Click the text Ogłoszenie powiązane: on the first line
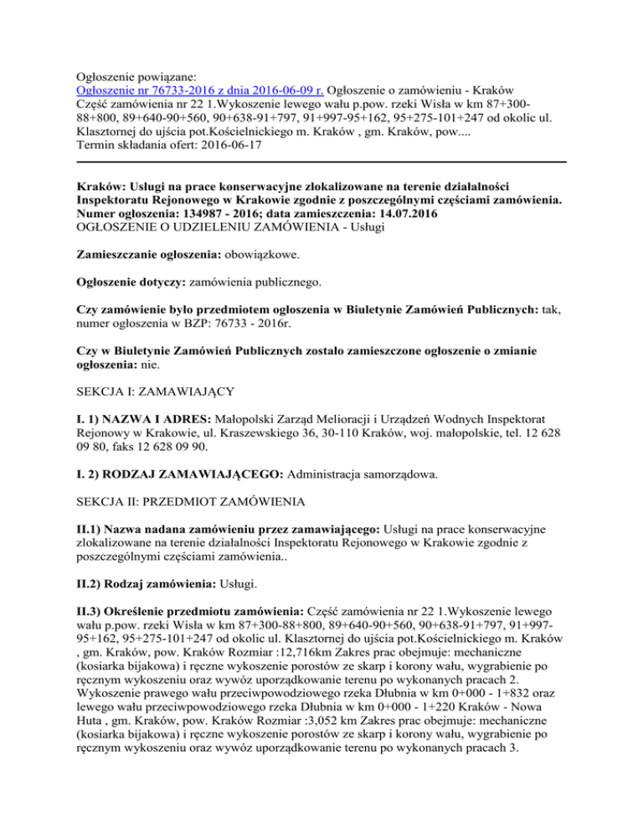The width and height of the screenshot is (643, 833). (139, 75)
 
